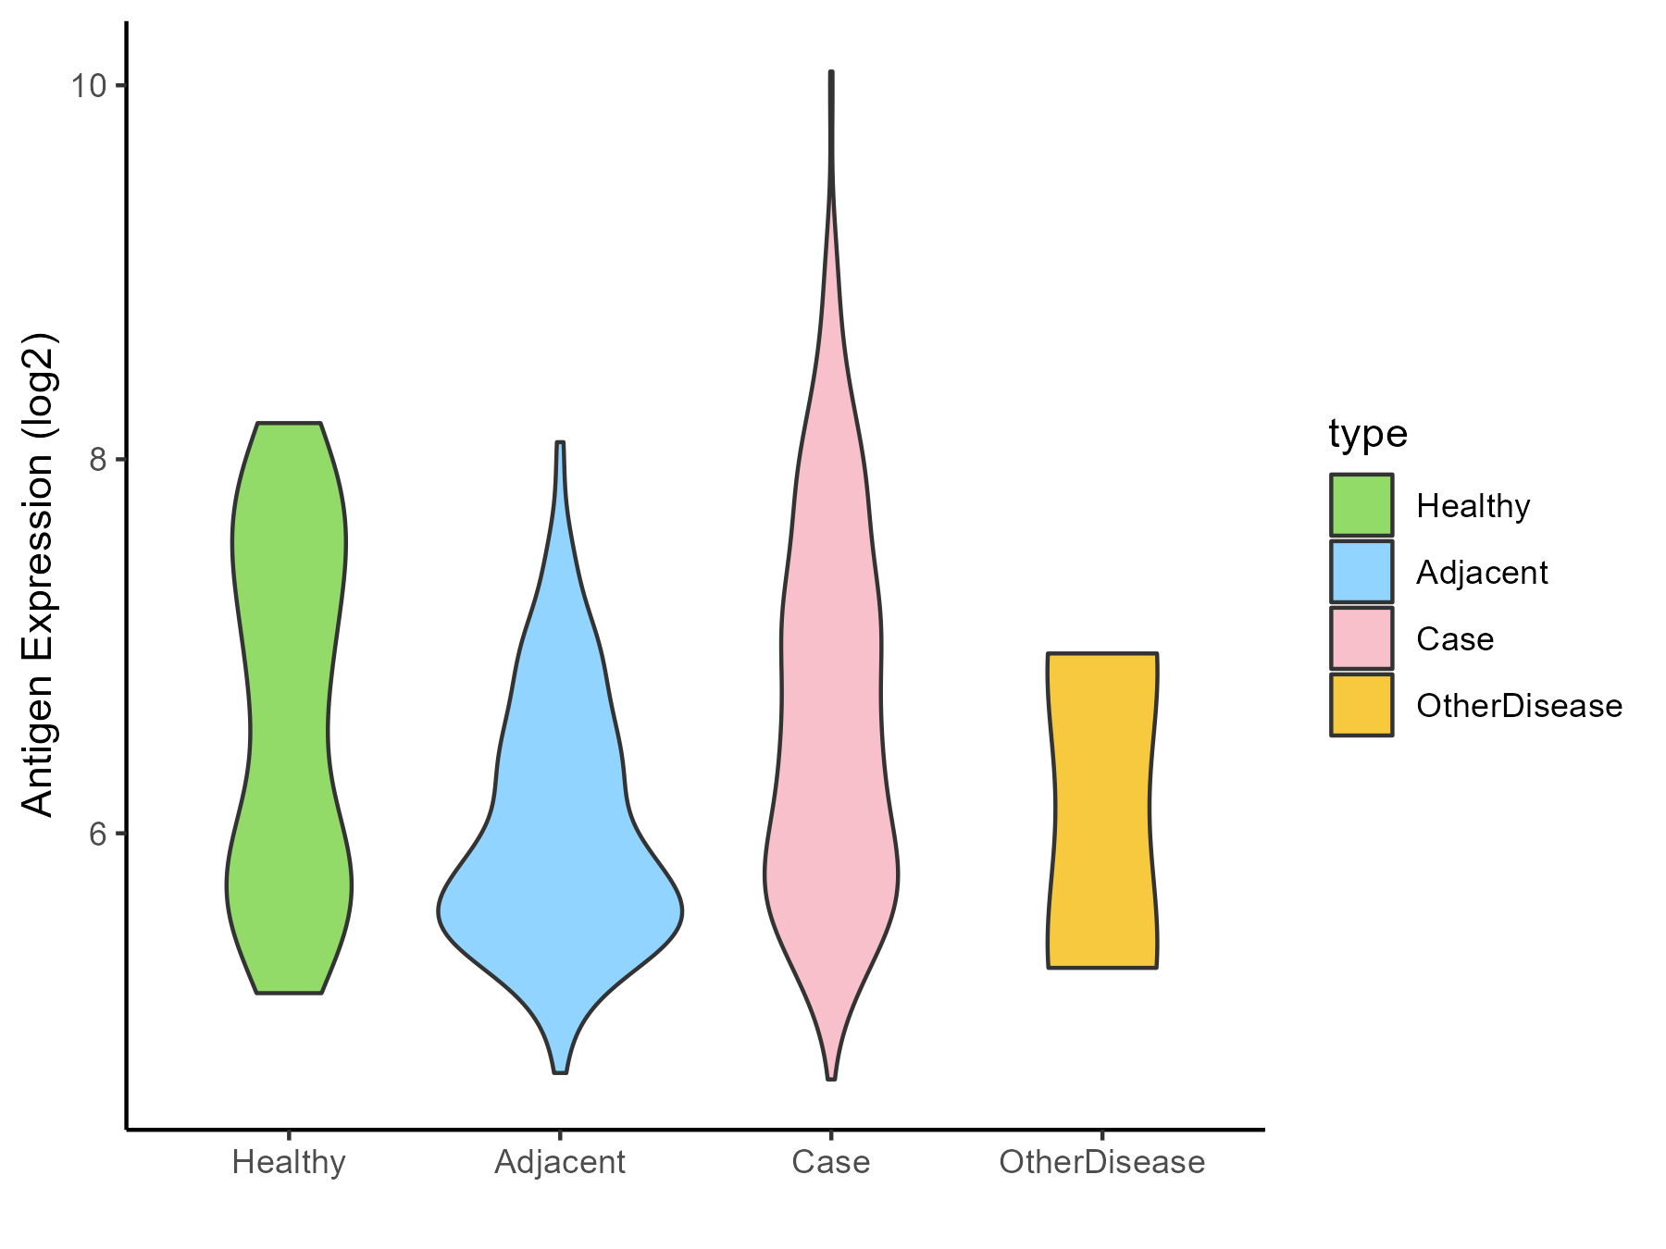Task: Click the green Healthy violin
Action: [x=289, y=703]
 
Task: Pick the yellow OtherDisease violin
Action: [x=1102, y=810]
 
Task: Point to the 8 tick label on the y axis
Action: [x=97, y=460]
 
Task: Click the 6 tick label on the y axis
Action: [x=97, y=834]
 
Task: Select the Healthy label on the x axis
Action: [x=289, y=1162]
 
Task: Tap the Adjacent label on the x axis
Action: [x=560, y=1162]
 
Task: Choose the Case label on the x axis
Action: [x=831, y=1162]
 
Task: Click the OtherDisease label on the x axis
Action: [x=1102, y=1162]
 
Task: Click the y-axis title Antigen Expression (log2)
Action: [x=39, y=574]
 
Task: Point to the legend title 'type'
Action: [x=1368, y=434]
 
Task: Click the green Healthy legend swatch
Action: [x=1361, y=505]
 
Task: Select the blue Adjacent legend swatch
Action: [x=1361, y=572]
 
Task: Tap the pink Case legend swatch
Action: [x=1361, y=638]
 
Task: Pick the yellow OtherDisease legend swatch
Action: [x=1361, y=705]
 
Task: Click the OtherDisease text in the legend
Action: [x=1519, y=706]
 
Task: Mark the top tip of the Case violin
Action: [x=831, y=72]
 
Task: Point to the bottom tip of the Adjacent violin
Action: [x=560, y=1071]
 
